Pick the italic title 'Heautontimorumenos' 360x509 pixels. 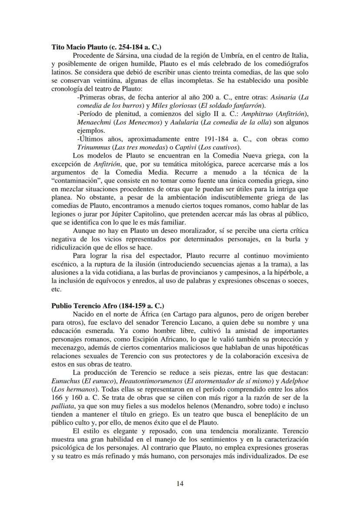point(144,380)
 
